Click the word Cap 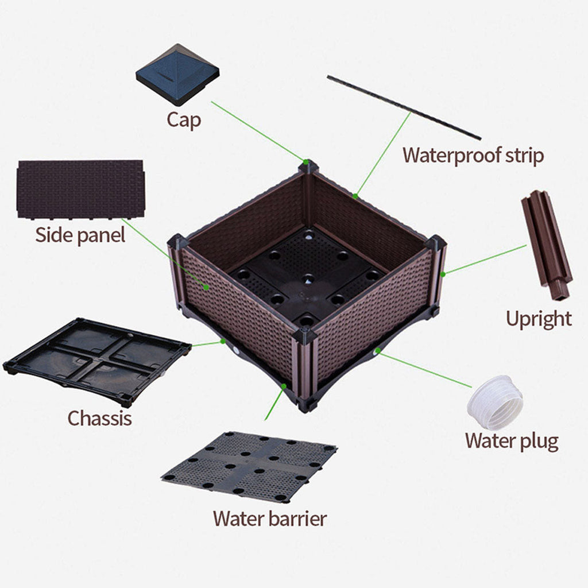pyautogui.click(x=184, y=120)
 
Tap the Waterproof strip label pyautogui.click(x=473, y=155)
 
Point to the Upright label pyautogui.click(x=539, y=318)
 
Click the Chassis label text pyautogui.click(x=99, y=417)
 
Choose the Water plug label pyautogui.click(x=511, y=440)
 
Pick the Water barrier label pyautogui.click(x=269, y=518)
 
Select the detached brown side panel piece pyautogui.click(x=80, y=189)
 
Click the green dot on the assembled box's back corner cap pyautogui.click(x=307, y=163)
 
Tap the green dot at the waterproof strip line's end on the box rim pyautogui.click(x=355, y=196)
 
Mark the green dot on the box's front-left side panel pyautogui.click(x=207, y=285)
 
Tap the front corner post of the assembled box pyautogui.click(x=305, y=367)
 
